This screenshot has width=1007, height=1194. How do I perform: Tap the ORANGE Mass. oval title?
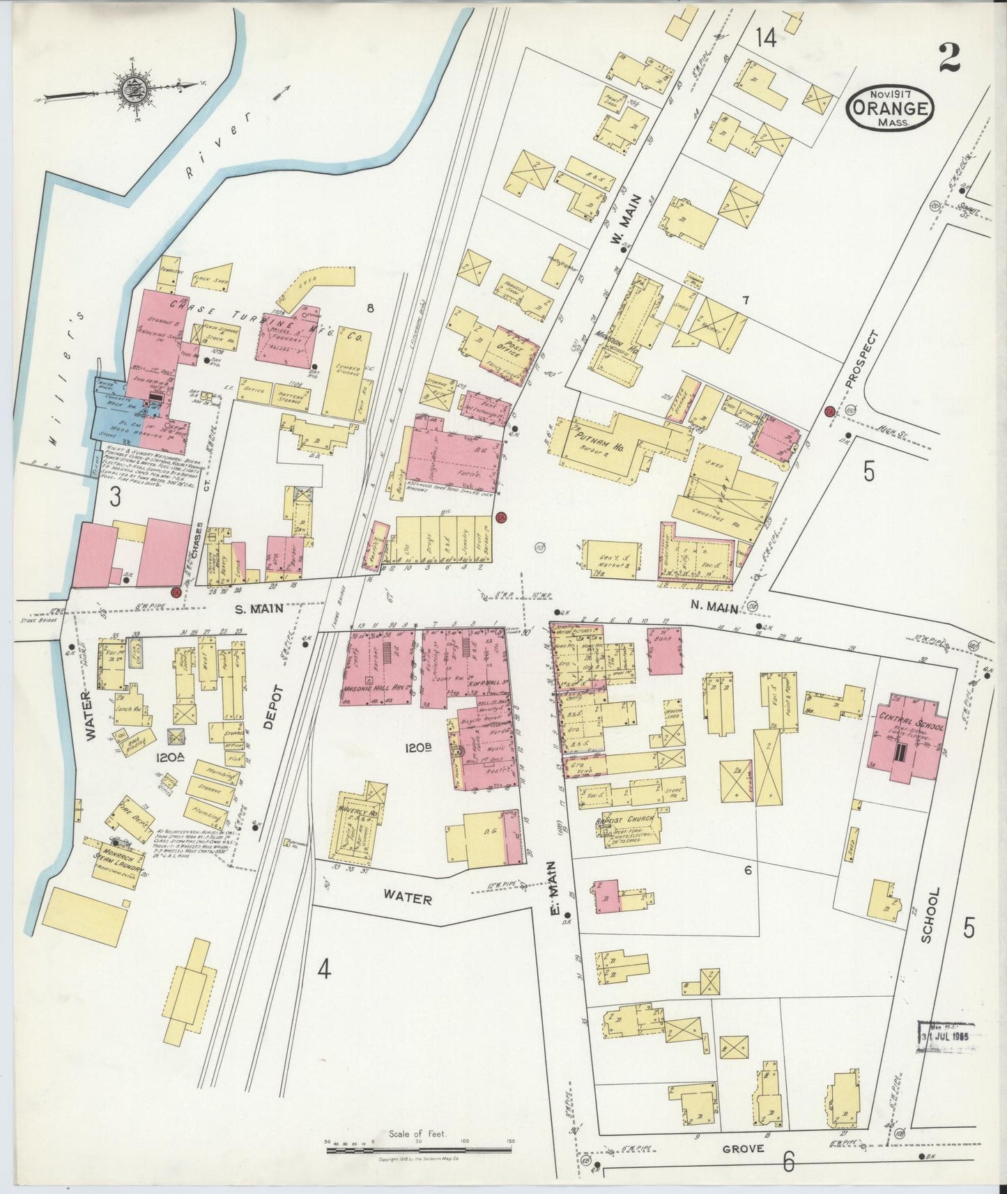(x=891, y=109)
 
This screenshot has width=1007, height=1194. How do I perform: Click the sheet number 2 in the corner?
(x=949, y=58)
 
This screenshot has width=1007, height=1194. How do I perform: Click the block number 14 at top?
(x=764, y=39)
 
